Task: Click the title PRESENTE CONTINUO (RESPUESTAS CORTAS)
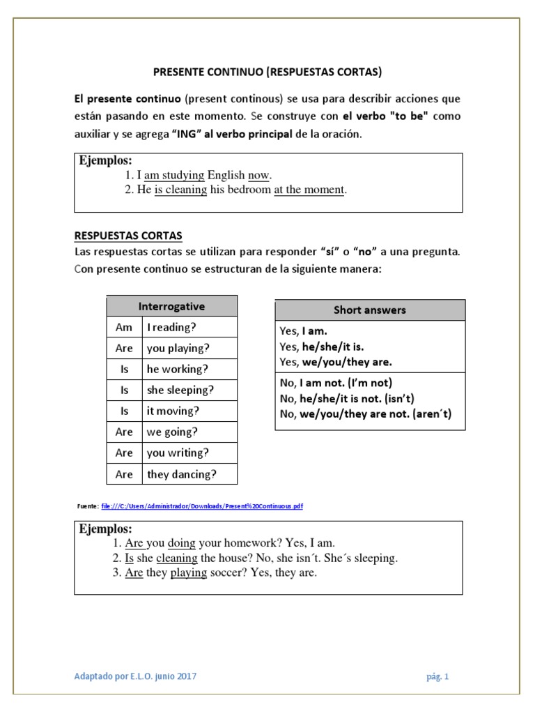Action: click(x=267, y=72)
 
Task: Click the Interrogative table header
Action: click(x=171, y=306)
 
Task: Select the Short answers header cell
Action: click(x=369, y=310)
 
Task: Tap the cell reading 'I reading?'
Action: click(x=171, y=327)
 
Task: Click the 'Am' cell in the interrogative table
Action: click(x=124, y=327)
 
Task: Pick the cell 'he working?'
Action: click(x=177, y=369)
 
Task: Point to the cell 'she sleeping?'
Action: click(x=180, y=390)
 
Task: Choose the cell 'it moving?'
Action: click(x=173, y=411)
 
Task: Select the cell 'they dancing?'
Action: click(x=181, y=474)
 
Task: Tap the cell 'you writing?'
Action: click(x=177, y=453)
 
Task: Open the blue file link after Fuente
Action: click(x=202, y=506)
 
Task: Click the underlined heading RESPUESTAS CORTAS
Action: click(x=128, y=236)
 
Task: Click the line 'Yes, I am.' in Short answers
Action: click(x=303, y=331)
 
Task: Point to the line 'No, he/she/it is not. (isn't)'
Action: click(x=347, y=398)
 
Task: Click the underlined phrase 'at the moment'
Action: click(x=309, y=190)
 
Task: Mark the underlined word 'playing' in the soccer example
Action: click(x=189, y=573)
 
